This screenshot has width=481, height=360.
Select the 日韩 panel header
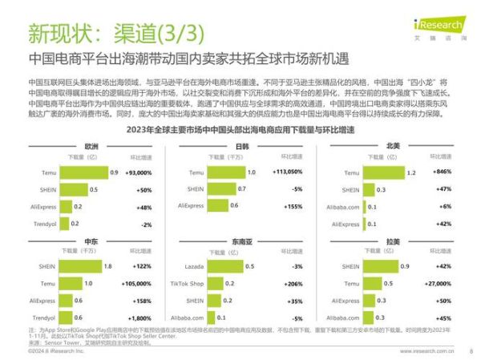pos(240,147)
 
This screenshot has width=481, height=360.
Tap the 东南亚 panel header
pos(240,241)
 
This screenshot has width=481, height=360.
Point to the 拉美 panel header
pos(392,241)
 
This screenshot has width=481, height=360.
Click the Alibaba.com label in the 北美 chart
pos(342,207)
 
